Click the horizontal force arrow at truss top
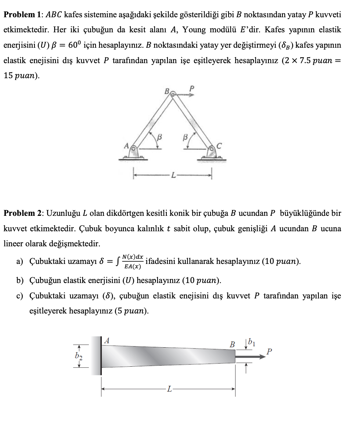186,94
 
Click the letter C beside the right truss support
220,146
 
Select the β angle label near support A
159,137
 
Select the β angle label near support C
186,137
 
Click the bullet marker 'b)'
20,281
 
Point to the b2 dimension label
78,356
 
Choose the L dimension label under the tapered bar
169,388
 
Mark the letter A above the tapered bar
107,340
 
